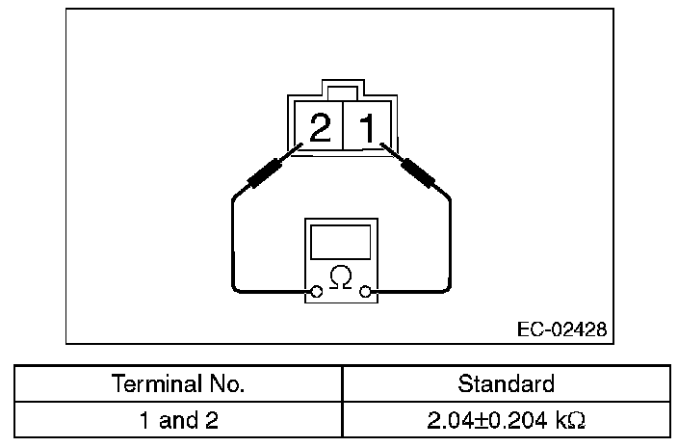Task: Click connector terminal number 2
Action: point(322,128)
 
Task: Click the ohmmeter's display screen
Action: point(339,241)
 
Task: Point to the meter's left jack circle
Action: point(316,290)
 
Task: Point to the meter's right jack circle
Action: point(364,290)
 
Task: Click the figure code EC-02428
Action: point(561,329)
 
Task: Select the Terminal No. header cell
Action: point(178,383)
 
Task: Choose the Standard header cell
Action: point(506,383)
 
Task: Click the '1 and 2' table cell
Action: point(178,420)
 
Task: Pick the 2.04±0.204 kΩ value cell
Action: point(506,420)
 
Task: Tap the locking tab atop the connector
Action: point(341,92)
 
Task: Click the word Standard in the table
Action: point(506,383)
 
